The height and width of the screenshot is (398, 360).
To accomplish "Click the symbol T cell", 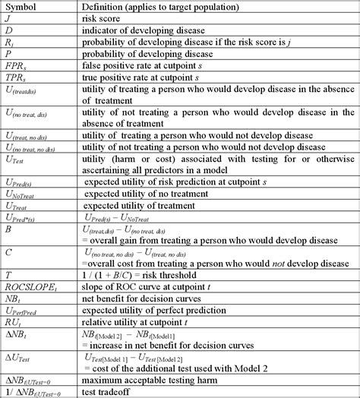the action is pos(8,276).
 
